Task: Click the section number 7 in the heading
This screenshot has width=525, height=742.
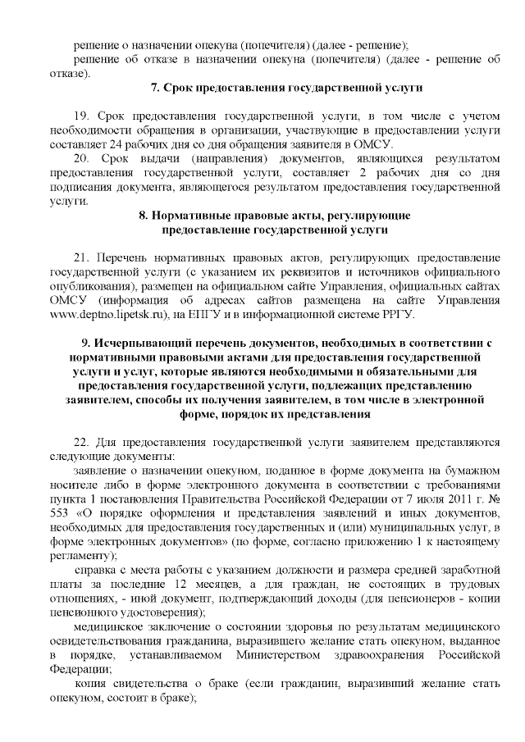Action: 157,87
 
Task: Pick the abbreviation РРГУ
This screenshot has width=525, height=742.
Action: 398,315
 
